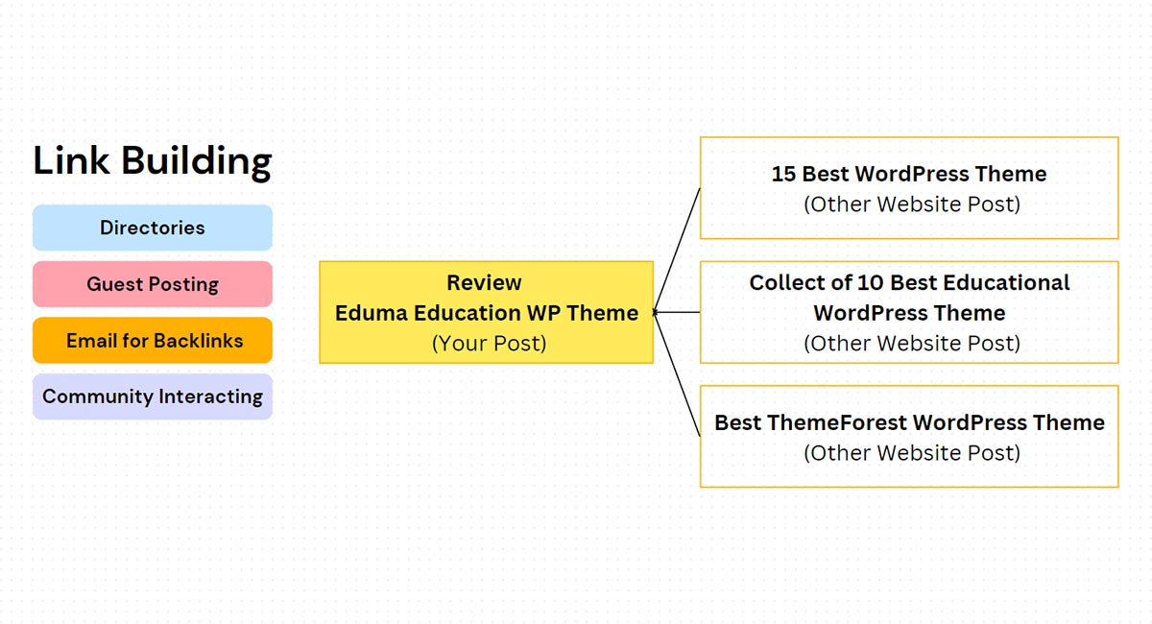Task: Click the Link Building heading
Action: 152,160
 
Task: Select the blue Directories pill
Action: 152,228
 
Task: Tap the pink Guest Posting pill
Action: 152,284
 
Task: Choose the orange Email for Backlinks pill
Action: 152,341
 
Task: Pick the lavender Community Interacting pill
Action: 152,396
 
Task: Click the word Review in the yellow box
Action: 484,283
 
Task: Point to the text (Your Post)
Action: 488,343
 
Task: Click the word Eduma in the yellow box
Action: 372,313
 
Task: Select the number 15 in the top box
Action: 784,174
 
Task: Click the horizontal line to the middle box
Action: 678,312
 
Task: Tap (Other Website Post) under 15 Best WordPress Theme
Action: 910,204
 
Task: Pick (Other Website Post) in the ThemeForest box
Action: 910,452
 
